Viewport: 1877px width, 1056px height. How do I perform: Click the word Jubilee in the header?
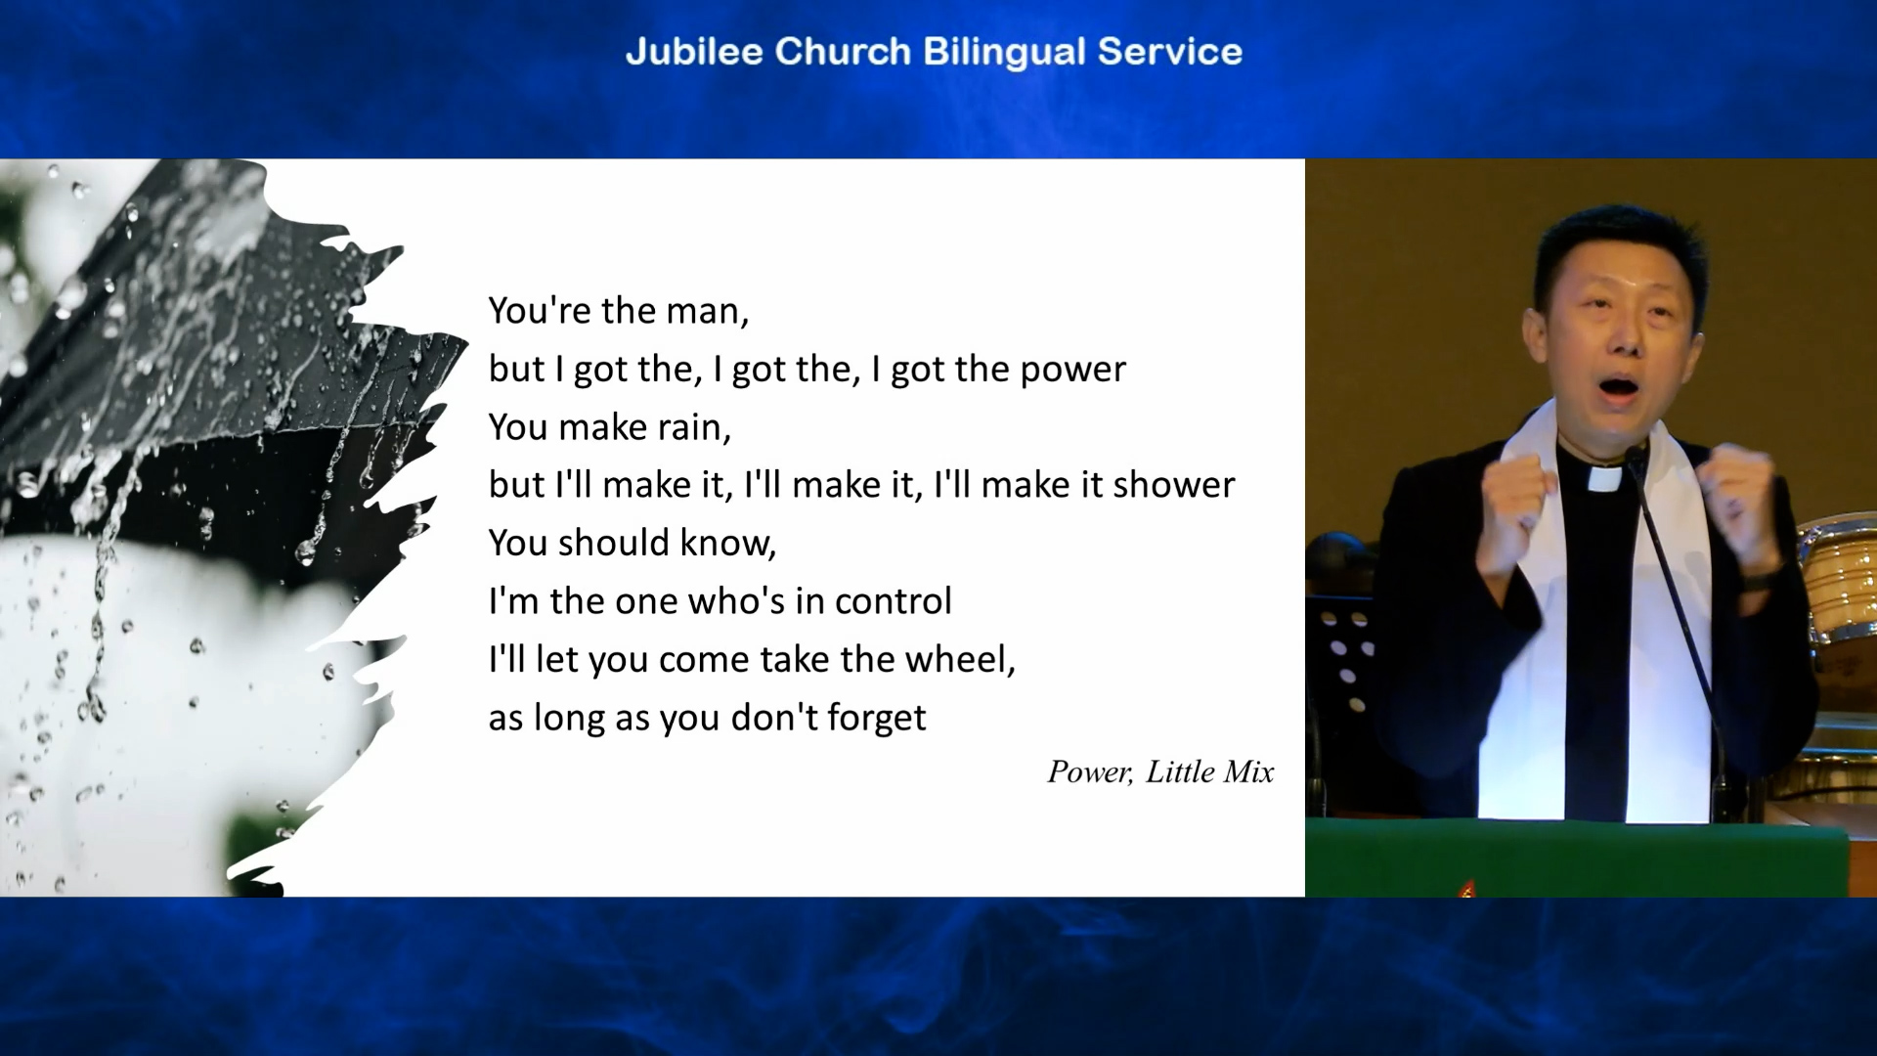point(694,51)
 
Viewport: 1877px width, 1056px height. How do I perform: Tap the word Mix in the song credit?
point(1248,772)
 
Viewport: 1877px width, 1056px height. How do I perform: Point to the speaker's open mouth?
point(1617,387)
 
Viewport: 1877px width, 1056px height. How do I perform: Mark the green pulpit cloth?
point(1576,858)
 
